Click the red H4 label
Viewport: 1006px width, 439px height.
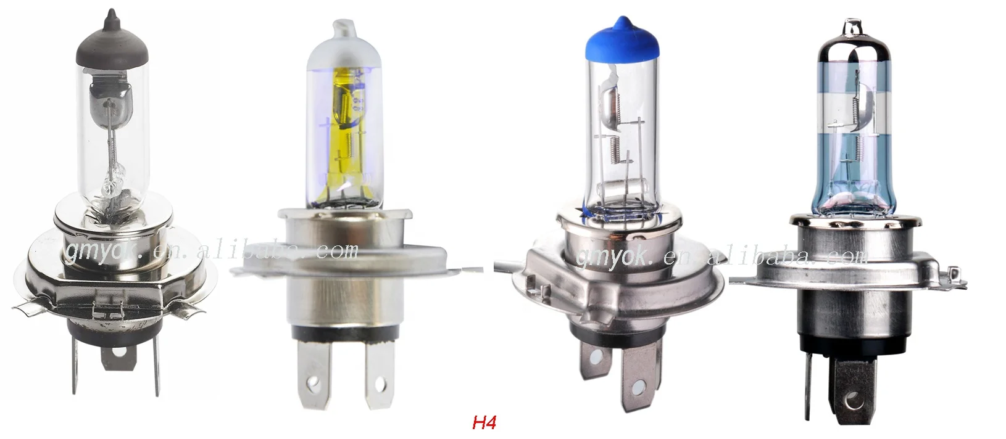pyautogui.click(x=484, y=424)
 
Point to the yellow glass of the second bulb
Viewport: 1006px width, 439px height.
pyautogui.click(x=345, y=123)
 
